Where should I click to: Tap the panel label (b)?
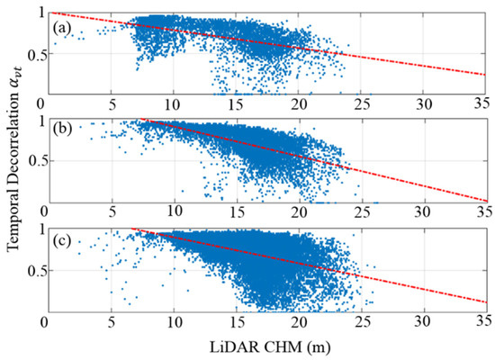pyautogui.click(x=62, y=133)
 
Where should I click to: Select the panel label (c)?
pyautogui.click(x=62, y=241)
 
